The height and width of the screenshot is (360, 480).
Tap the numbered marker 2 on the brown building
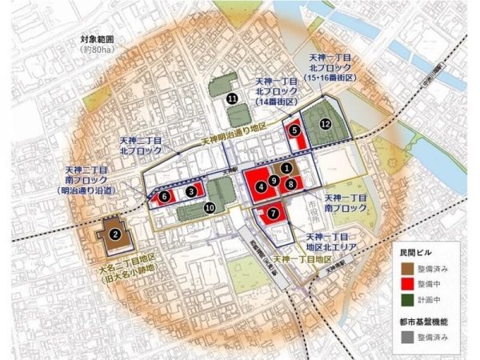click(115, 234)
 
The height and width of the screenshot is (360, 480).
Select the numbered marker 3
click(190, 191)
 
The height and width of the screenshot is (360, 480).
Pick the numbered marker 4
click(261, 187)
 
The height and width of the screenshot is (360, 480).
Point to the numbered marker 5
click(295, 129)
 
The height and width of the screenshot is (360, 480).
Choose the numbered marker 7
click(274, 214)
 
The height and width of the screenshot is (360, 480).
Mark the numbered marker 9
click(274, 180)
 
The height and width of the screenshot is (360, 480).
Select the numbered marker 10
click(209, 208)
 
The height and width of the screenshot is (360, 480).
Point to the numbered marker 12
click(325, 124)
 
